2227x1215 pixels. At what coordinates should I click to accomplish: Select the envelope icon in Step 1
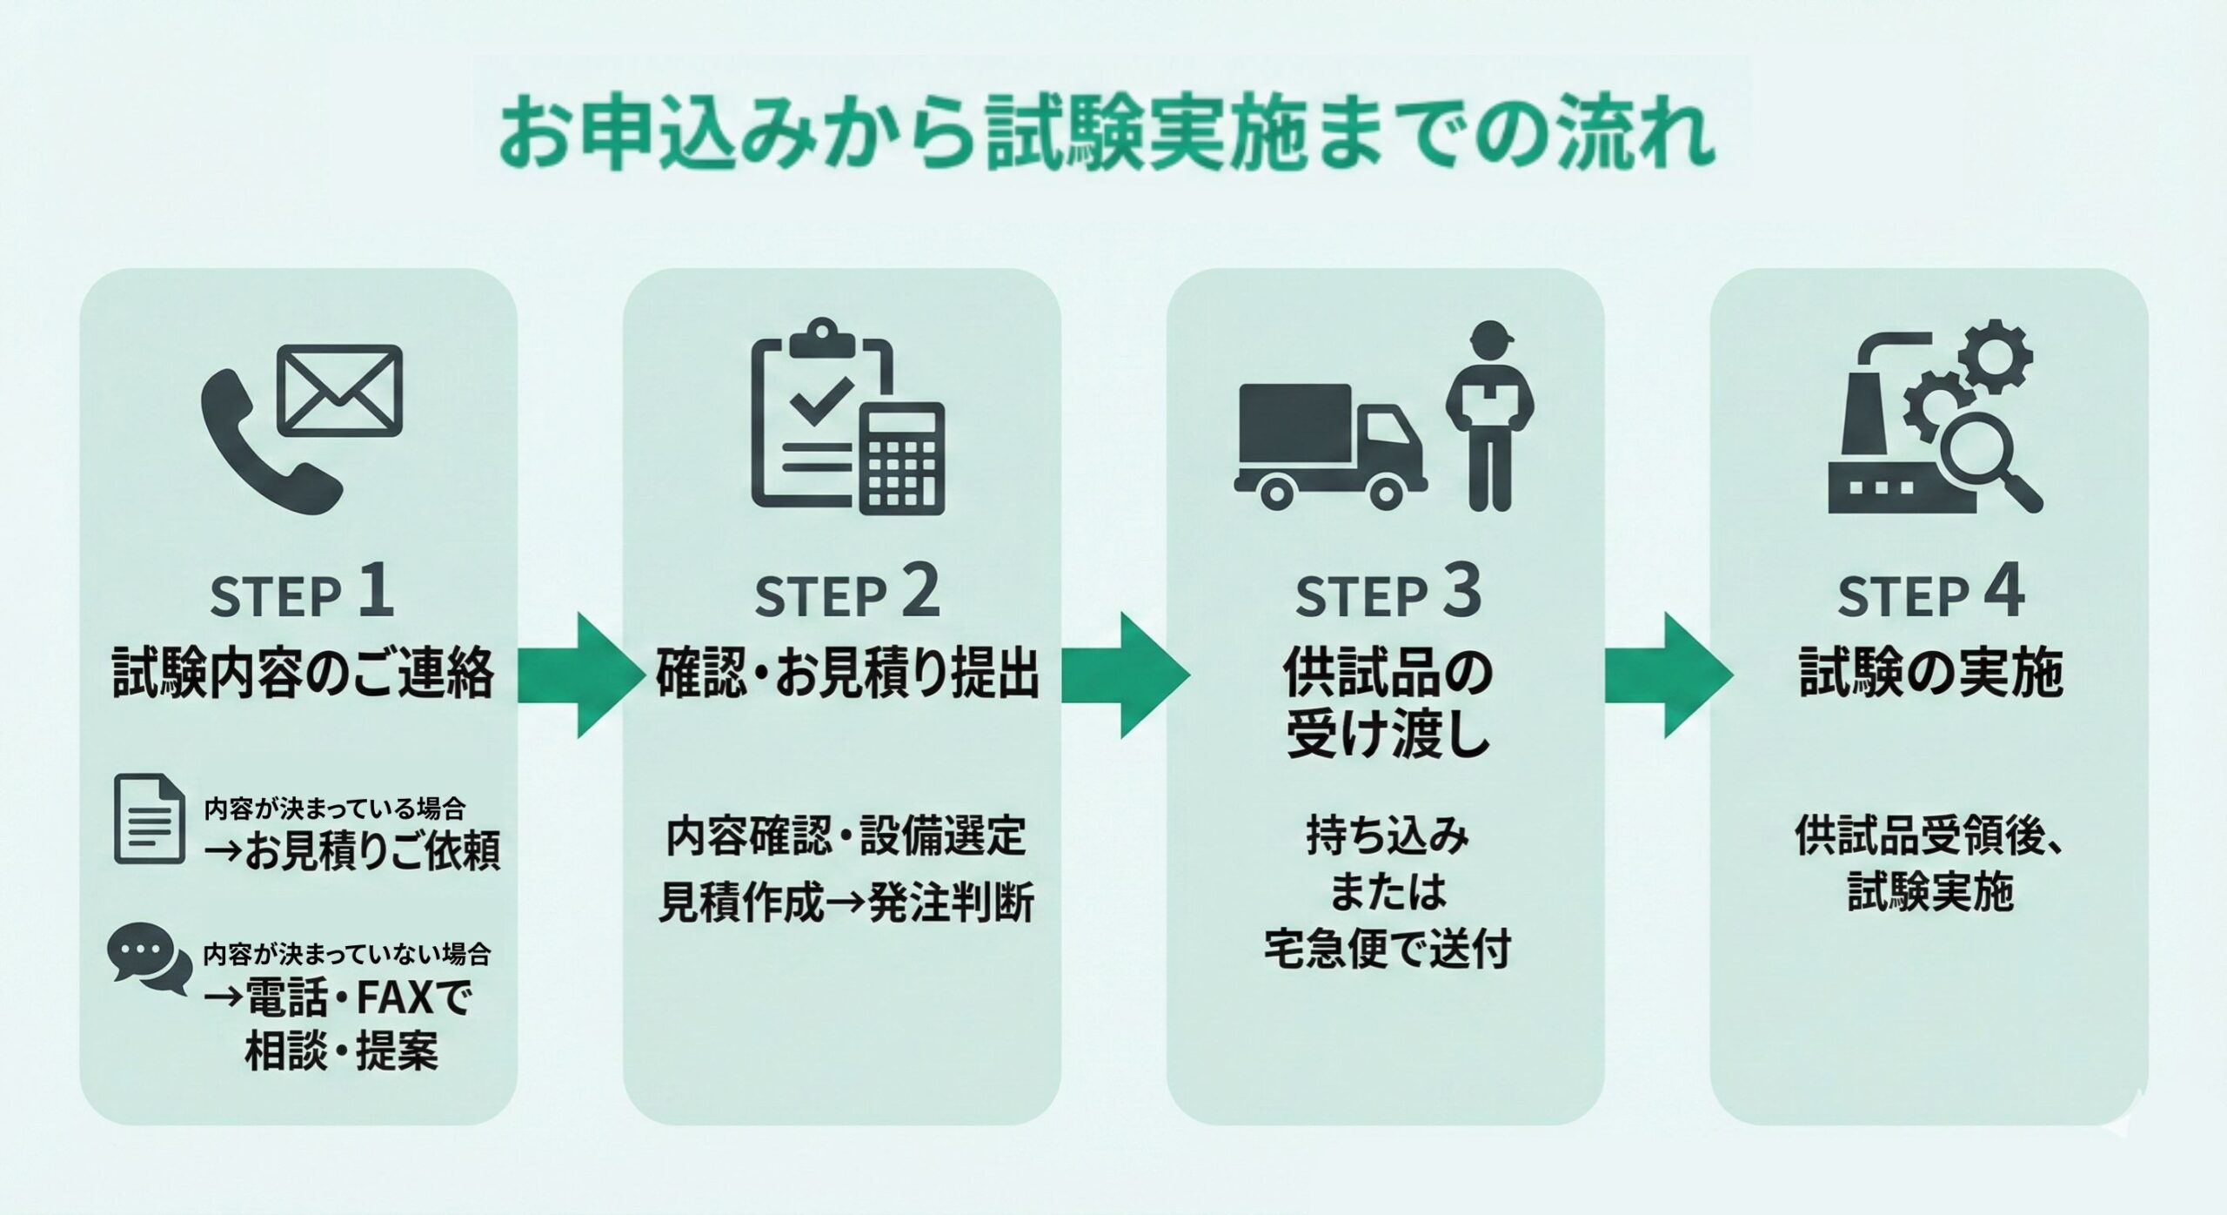coord(342,391)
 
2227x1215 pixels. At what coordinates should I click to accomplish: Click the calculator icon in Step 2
coord(902,459)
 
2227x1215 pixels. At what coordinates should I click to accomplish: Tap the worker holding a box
coord(1489,416)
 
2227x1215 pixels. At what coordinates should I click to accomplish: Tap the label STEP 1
coord(302,594)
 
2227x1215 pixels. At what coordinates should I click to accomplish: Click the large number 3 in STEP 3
coord(1462,592)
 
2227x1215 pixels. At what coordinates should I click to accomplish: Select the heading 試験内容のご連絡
coord(303,673)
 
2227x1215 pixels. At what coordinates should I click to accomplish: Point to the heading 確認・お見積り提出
coord(846,673)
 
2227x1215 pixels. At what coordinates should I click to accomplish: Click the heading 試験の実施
coord(1930,673)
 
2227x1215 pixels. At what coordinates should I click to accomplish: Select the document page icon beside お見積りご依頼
coord(150,819)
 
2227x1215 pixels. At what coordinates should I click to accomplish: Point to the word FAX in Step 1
coord(393,998)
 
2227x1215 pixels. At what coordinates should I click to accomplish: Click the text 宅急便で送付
coord(1387,950)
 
